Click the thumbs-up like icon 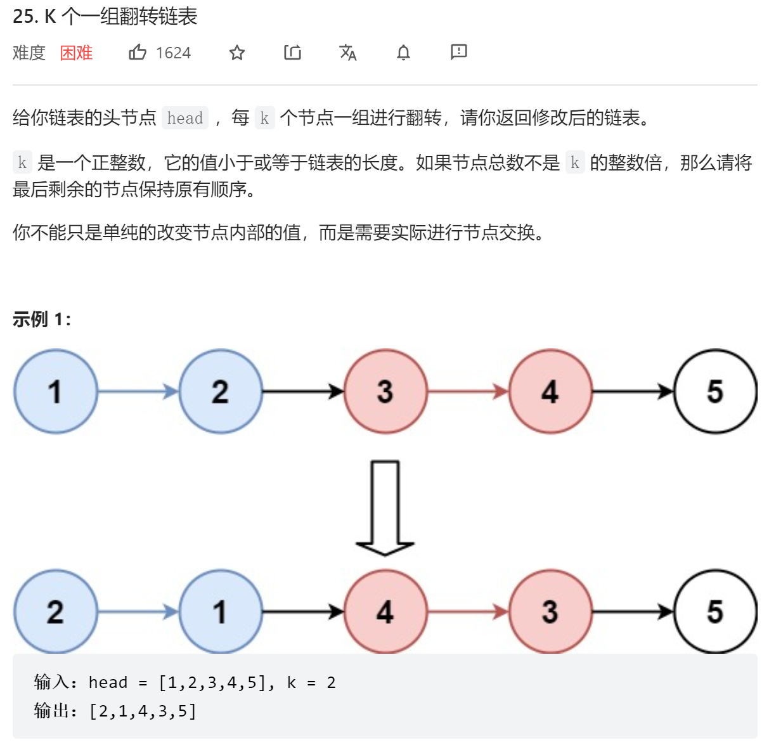pos(138,52)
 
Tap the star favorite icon pos(237,53)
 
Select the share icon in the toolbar pos(292,52)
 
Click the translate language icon pos(348,53)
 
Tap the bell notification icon pos(403,53)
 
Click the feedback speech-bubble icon pos(459,52)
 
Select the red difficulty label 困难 pos(76,53)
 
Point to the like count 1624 pos(173,53)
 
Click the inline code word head pos(185,118)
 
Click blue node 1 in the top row pos(56,391)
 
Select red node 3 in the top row pos(385,391)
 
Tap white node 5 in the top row pos(715,391)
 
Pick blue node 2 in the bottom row pos(56,612)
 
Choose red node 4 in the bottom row pos(385,612)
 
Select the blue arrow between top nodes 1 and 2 pos(139,392)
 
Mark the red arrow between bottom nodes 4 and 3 pos(469,612)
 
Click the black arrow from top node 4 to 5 pos(633,392)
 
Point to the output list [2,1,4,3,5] pos(143,711)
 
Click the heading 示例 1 pos(41,319)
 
